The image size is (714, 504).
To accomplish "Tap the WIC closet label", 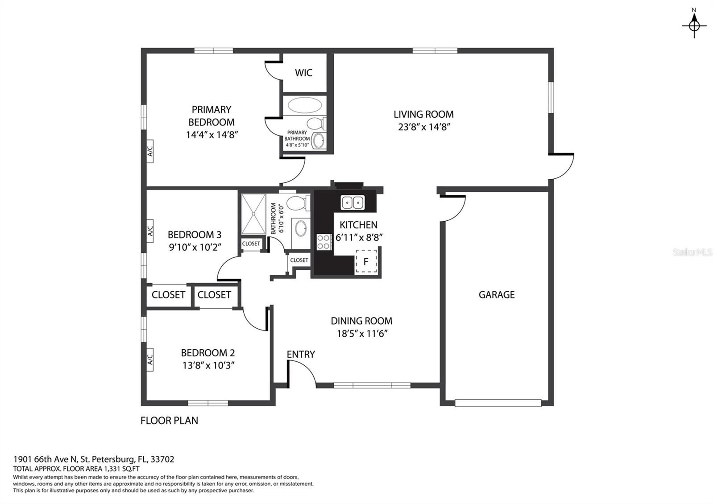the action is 303,73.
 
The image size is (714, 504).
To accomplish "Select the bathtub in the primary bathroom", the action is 305,105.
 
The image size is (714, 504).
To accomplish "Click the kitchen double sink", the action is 353,202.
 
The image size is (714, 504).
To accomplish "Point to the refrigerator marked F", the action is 366,261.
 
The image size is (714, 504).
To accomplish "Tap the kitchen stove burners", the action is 324,242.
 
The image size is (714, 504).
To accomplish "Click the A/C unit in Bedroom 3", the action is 150,231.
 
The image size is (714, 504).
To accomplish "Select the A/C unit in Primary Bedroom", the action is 150,151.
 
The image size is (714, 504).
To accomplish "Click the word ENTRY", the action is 301,354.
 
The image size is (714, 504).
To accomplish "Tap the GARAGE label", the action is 497,295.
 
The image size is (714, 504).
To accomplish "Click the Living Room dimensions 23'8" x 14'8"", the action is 423,127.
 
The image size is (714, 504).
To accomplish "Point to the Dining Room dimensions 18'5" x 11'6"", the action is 362,334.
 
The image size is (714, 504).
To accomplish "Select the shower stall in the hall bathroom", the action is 253,214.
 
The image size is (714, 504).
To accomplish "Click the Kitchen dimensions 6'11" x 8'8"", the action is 359,238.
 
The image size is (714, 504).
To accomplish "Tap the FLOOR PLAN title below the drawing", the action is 169,421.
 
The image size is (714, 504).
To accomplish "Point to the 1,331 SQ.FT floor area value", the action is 121,469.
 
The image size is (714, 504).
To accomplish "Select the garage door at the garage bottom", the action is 498,403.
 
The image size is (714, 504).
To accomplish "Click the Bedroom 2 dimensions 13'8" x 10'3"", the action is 208,365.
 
